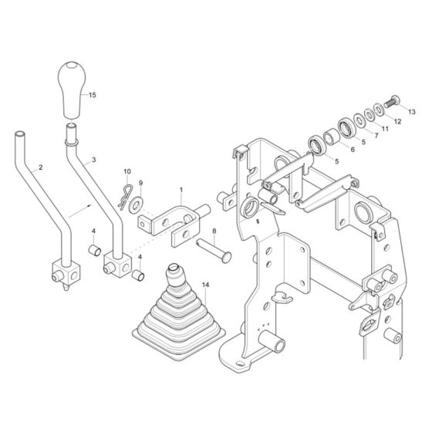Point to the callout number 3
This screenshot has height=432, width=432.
(93, 161)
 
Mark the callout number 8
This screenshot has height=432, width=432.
(214, 230)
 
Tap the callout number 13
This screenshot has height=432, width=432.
(410, 111)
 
